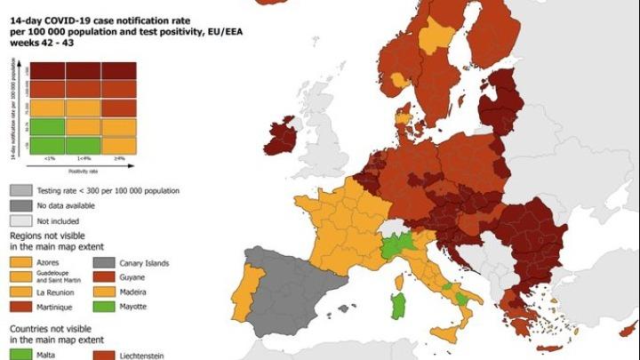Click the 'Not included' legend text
58,220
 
